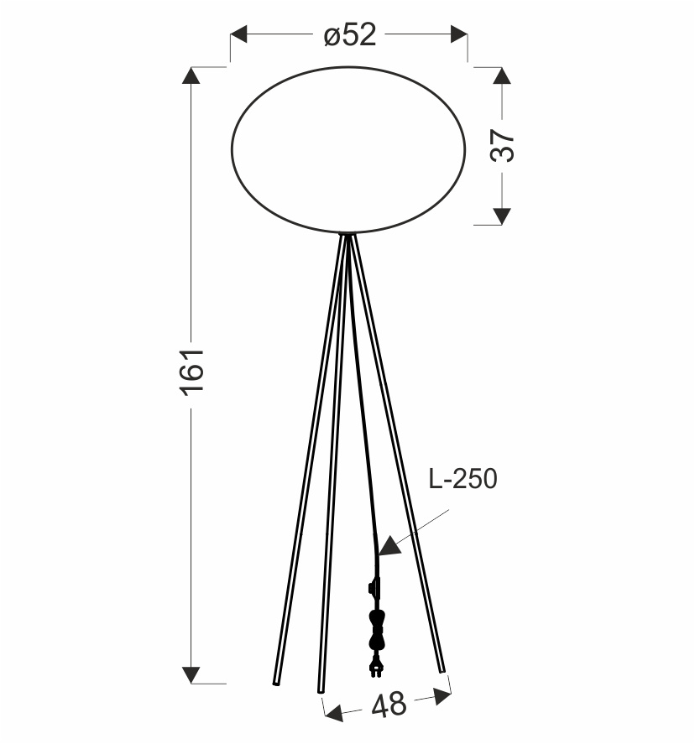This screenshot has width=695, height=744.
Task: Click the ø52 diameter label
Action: [349, 36]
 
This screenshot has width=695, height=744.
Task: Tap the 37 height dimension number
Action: [502, 146]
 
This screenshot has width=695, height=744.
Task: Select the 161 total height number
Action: [191, 371]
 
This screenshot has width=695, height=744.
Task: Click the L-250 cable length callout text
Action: [462, 479]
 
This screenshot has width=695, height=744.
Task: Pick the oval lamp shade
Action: [348, 149]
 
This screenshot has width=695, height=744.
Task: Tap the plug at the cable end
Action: [377, 667]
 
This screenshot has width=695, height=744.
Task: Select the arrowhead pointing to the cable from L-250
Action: [387, 547]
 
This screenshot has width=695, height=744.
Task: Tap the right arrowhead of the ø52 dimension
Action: [458, 35]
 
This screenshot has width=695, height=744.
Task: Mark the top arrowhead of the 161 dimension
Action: [191, 75]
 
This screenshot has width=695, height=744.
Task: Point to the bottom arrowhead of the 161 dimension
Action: [191, 674]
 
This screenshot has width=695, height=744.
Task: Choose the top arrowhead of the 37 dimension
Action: [502, 75]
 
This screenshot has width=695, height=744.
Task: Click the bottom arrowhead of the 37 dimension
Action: [502, 216]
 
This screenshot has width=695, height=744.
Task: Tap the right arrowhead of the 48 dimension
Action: [442, 695]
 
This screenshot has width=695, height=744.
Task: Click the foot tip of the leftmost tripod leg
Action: [275, 682]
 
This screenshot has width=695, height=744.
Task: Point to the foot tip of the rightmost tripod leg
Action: [442, 669]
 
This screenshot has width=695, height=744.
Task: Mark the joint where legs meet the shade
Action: [347, 236]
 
